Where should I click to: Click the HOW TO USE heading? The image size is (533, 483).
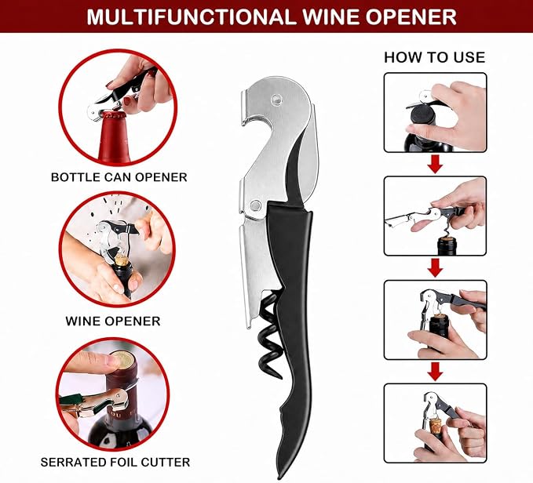click(434, 57)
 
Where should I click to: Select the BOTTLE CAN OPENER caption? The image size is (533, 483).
click(119, 177)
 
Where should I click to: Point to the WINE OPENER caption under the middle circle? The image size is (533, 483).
click(113, 321)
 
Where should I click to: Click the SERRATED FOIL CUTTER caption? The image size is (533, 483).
click(115, 462)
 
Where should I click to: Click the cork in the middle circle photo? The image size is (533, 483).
click(121, 260)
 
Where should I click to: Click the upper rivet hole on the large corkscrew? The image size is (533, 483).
click(276, 100)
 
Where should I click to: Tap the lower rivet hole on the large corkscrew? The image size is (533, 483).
click(255, 205)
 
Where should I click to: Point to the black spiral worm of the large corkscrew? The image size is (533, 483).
click(270, 334)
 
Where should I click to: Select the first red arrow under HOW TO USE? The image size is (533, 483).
click(435, 164)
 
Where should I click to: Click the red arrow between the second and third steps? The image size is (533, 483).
click(435, 267)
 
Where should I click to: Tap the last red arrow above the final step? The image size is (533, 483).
click(435, 372)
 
